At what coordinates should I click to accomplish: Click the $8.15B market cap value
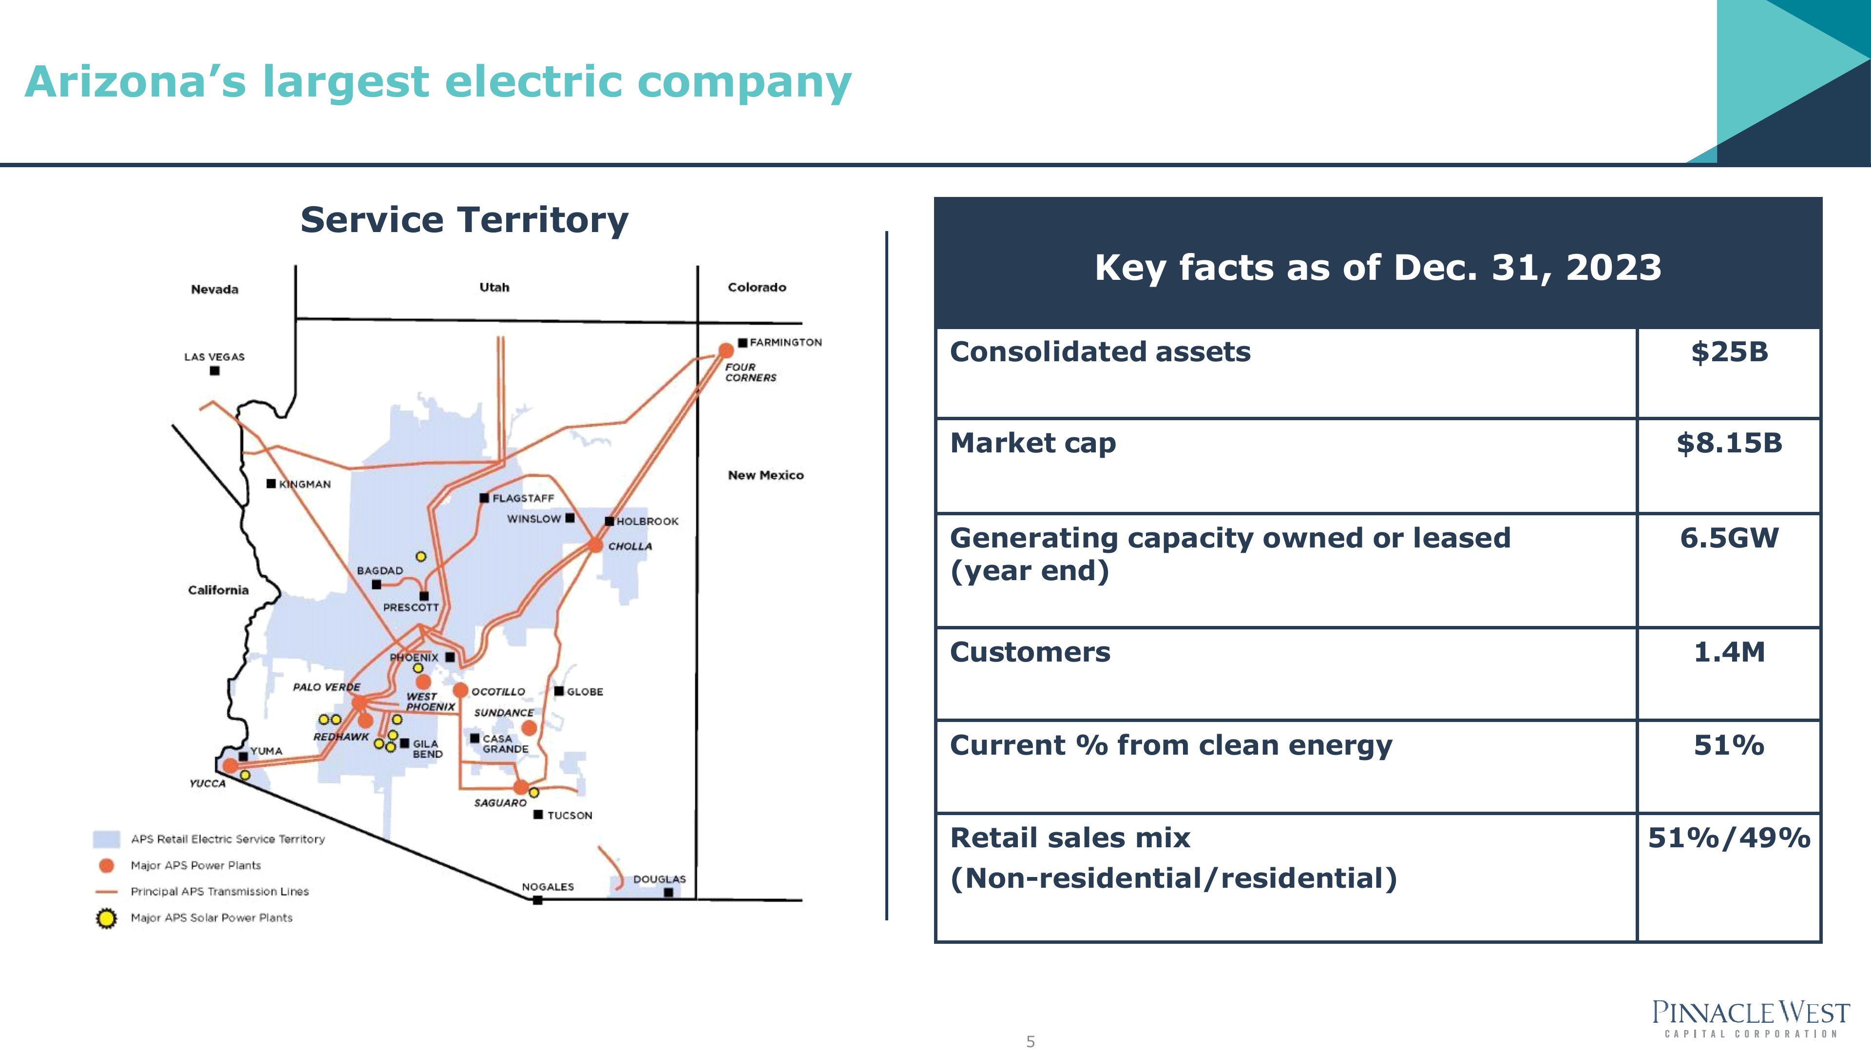pyautogui.click(x=1729, y=443)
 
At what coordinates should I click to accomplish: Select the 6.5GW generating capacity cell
pyautogui.click(x=1729, y=539)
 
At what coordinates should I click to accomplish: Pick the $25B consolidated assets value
pyautogui.click(x=1729, y=352)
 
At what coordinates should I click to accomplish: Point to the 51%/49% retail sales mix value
pyautogui.click(x=1729, y=838)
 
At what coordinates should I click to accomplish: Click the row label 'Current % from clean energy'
pyautogui.click(x=1171, y=745)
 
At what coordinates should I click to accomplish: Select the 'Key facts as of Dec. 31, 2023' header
pyautogui.click(x=1378, y=268)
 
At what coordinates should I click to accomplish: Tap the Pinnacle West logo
pyautogui.click(x=1751, y=1018)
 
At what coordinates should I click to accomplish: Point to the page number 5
pyautogui.click(x=1030, y=1041)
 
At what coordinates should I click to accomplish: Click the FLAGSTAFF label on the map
pyautogui.click(x=523, y=499)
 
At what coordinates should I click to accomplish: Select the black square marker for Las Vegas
pyautogui.click(x=214, y=370)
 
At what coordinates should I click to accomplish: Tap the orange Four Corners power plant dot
pyautogui.click(x=725, y=351)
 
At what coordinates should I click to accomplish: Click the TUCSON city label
pyautogui.click(x=570, y=816)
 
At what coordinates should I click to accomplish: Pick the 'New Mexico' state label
pyautogui.click(x=765, y=475)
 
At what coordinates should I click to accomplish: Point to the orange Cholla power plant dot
pyautogui.click(x=595, y=545)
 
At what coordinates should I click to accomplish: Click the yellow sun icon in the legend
pyautogui.click(x=106, y=918)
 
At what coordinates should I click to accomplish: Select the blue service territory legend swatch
pyautogui.click(x=106, y=839)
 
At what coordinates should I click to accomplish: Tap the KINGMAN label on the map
pyautogui.click(x=305, y=485)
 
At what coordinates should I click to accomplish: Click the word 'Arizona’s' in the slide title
pyautogui.click(x=135, y=81)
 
